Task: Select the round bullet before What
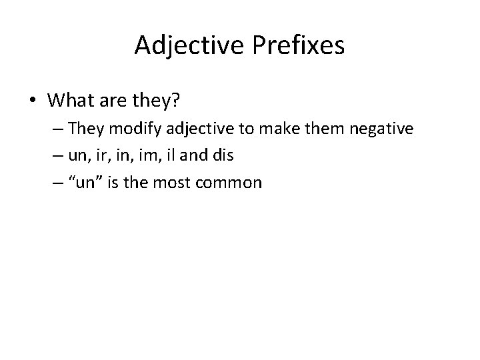[x=33, y=101]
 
